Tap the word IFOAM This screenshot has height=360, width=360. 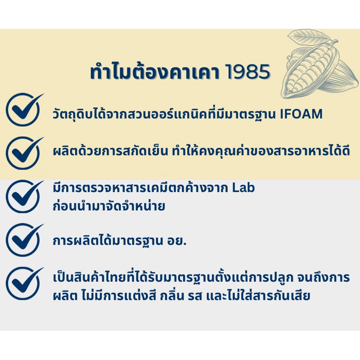(301, 114)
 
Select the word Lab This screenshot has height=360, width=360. (243, 188)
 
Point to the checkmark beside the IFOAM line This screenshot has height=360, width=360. (24, 109)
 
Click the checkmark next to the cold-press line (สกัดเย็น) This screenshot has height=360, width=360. (24, 153)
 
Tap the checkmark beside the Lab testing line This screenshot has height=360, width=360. (24, 197)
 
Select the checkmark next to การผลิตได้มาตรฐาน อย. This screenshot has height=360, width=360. (24, 240)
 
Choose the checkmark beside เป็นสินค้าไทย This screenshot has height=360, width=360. (24, 283)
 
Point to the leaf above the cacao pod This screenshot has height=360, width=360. (308, 37)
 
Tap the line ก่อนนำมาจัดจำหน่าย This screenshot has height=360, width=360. (109, 206)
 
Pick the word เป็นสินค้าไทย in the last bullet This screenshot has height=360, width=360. (90, 277)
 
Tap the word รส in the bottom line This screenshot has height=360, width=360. (195, 296)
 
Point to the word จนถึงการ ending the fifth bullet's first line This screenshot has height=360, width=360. (324, 277)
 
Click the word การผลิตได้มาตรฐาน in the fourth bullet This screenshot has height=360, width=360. (108, 241)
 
